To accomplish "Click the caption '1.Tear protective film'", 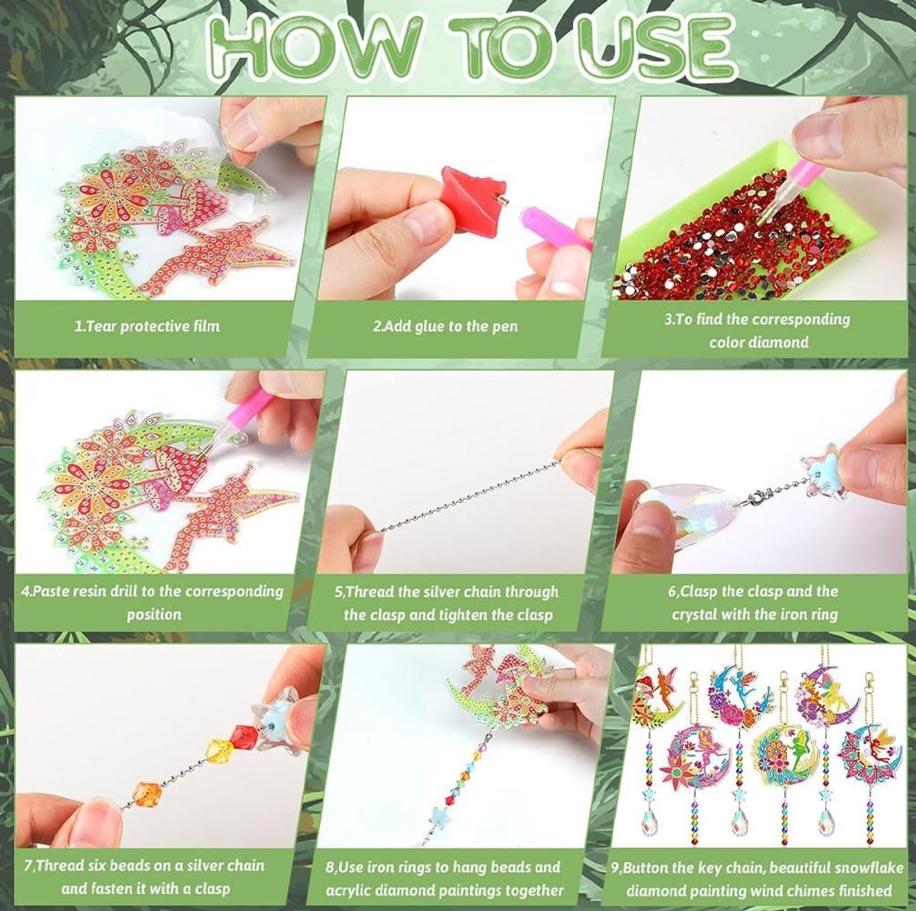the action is [x=147, y=326].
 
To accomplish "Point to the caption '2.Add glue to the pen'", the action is [x=445, y=326].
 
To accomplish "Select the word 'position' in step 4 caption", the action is [x=153, y=614].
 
